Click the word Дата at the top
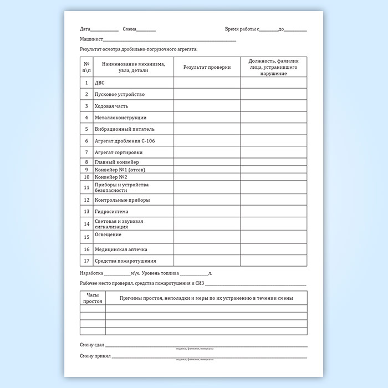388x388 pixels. click(x=85, y=29)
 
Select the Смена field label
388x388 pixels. click(x=129, y=29)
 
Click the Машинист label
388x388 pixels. click(x=91, y=39)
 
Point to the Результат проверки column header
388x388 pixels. click(x=207, y=67)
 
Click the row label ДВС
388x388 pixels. click(x=100, y=83)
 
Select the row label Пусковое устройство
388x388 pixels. click(x=120, y=94)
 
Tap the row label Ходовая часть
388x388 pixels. click(x=114, y=106)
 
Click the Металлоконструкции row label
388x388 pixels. click(x=121, y=118)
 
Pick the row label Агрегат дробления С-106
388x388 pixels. click(x=125, y=141)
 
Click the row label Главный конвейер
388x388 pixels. click(x=117, y=162)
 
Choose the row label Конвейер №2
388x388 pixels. click(x=111, y=177)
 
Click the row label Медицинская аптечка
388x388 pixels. click(x=121, y=249)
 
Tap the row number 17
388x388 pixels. click(x=86, y=261)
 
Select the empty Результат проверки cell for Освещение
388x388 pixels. click(x=207, y=236)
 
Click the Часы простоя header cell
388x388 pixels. click(x=93, y=298)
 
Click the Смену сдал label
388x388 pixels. click(x=92, y=345)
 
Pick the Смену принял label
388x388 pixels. click(x=95, y=356)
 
